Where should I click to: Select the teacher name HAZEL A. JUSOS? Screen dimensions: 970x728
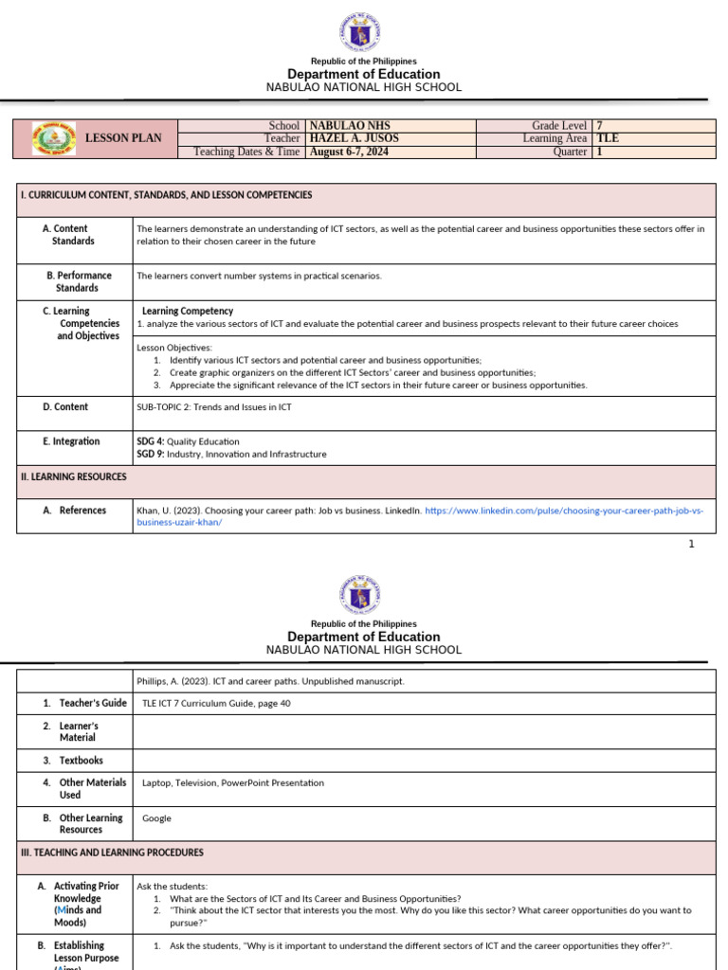[348, 138]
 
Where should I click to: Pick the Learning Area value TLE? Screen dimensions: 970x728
[607, 138]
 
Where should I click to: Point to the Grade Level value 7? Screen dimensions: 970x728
[599, 125]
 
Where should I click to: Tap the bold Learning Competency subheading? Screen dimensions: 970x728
[188, 311]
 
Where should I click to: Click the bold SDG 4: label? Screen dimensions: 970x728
[151, 441]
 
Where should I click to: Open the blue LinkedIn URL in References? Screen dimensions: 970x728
[564, 511]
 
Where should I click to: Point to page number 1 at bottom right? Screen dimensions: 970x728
[691, 544]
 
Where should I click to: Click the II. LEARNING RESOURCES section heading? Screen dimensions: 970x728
[74, 477]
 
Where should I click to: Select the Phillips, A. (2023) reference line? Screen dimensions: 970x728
[270, 681]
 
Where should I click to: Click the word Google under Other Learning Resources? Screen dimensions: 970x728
[156, 818]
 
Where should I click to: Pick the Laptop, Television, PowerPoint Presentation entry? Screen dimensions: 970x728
[232, 783]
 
